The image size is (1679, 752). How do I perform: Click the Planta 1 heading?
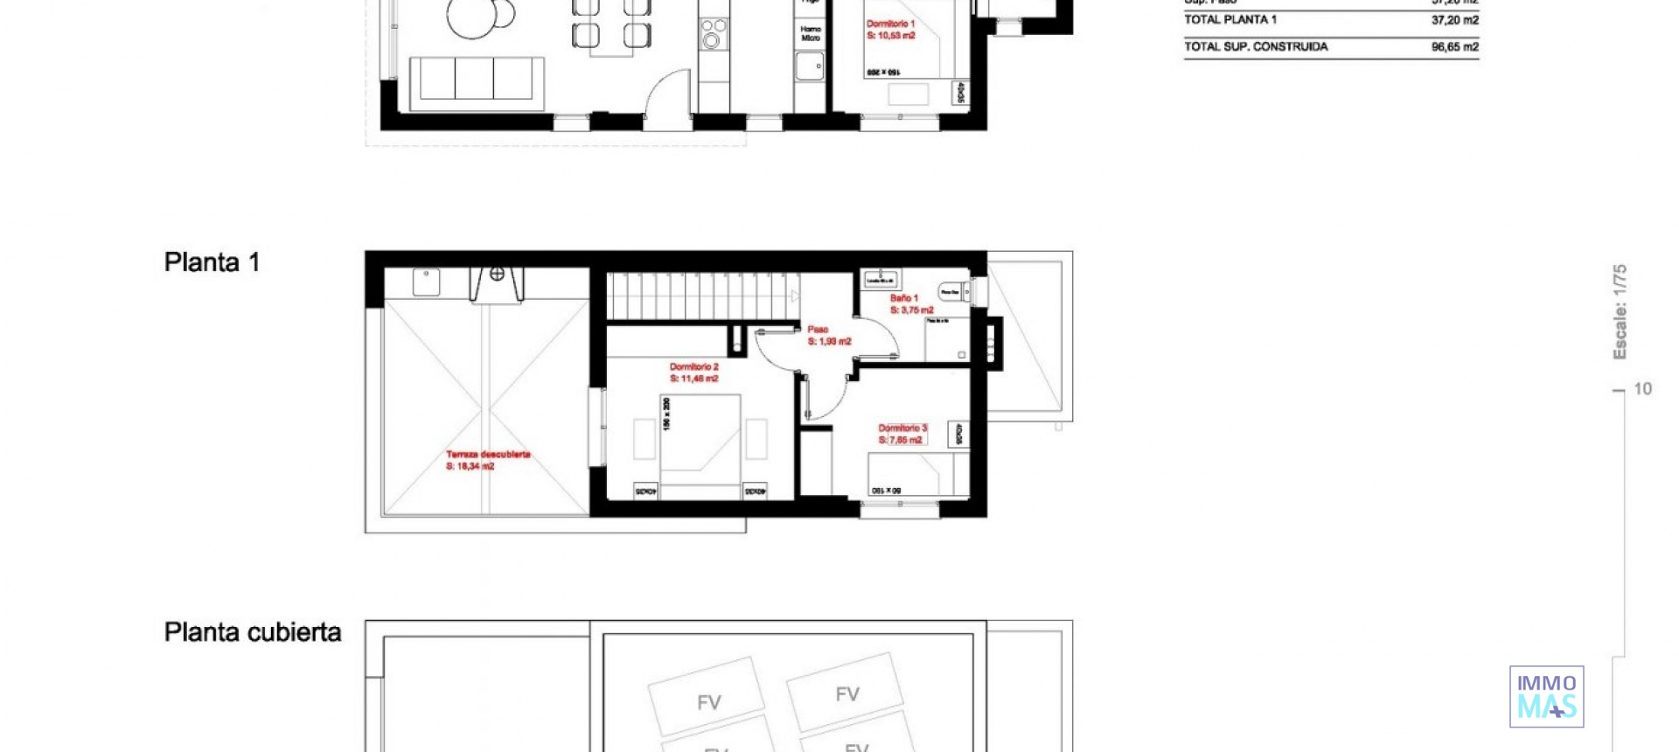click(x=212, y=262)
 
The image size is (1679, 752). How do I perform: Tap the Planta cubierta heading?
click(x=252, y=632)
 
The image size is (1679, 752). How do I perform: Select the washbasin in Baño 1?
click(x=880, y=280)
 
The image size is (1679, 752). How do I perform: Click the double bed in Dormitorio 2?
click(x=700, y=446)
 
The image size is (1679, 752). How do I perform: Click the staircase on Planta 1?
click(x=702, y=296)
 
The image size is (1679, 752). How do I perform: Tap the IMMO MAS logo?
click(x=1546, y=697)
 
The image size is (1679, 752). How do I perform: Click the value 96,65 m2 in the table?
click(x=1454, y=47)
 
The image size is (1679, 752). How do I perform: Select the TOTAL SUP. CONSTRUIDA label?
click(x=1255, y=47)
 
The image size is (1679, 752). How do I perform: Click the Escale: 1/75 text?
click(x=1620, y=311)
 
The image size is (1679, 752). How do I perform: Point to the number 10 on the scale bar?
click(x=1642, y=389)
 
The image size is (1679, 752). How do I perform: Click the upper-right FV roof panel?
click(x=845, y=692)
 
